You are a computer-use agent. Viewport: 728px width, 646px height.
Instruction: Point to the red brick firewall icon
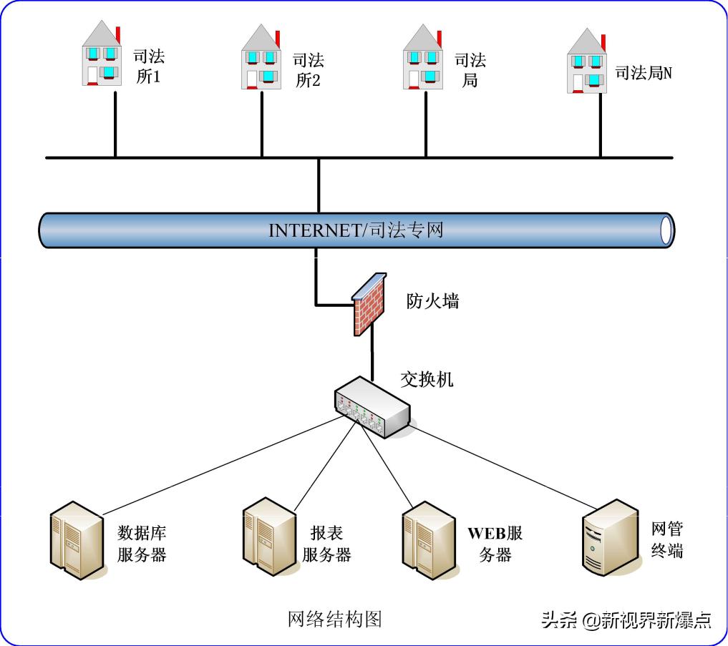(370, 304)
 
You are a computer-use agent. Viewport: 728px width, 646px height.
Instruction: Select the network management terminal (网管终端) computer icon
(608, 536)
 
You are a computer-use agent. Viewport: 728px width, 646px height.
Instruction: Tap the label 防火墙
(432, 301)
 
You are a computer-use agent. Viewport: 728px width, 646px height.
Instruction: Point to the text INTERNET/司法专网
(356, 230)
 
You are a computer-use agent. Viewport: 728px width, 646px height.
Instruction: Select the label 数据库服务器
(142, 544)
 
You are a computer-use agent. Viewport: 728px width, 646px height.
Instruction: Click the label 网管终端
(667, 539)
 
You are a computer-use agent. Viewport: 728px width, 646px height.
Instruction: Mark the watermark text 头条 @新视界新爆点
(626, 620)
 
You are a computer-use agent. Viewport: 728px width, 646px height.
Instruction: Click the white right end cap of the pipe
(666, 230)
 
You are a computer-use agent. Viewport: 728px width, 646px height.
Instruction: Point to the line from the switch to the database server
(222, 465)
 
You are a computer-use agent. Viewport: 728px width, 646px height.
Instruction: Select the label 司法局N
(644, 72)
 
